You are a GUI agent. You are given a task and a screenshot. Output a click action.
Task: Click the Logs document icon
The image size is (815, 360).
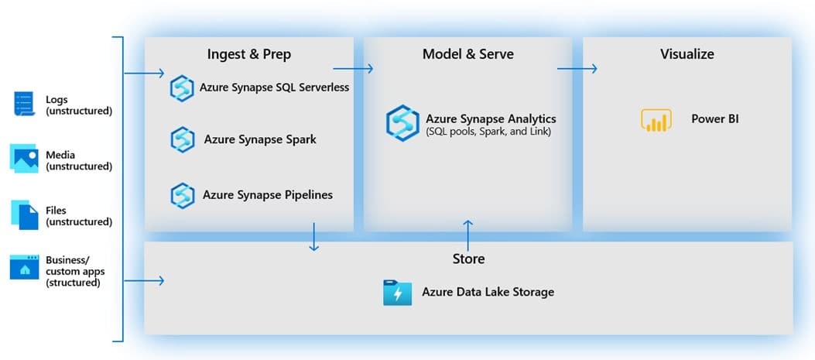25,103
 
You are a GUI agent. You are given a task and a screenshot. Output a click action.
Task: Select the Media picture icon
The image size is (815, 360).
25,158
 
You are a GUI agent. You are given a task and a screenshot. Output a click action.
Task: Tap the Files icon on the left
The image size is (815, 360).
25,214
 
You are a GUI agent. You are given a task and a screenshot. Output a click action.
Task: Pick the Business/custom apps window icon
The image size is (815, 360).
25,268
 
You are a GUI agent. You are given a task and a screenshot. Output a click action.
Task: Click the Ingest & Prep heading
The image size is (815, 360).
248,54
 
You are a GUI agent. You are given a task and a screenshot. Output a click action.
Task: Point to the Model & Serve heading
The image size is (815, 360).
467,54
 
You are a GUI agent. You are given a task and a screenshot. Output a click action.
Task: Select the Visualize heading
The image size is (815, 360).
687,54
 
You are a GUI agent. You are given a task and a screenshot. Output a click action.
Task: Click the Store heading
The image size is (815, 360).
468,259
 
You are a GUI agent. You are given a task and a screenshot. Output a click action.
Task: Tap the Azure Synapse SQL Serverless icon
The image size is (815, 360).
182,88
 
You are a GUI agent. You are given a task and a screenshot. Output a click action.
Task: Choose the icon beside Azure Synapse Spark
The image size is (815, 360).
182,140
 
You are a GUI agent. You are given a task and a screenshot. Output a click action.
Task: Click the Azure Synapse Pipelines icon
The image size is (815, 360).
182,195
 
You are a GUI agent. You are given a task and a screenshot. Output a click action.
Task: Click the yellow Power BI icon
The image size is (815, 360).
656,120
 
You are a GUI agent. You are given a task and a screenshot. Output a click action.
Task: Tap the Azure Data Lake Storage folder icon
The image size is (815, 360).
397,293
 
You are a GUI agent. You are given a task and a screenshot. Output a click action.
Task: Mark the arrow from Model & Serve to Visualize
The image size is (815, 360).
577,69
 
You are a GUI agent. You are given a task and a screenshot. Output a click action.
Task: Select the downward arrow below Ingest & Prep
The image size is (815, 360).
313,237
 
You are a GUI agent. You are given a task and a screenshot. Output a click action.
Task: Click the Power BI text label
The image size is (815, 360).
714,120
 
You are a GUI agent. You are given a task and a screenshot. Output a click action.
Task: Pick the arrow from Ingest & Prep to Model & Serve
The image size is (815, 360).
353,69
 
